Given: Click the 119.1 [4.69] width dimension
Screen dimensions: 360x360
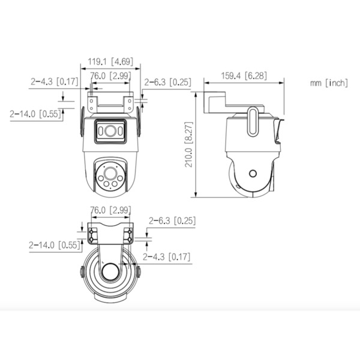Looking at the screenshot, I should pyautogui.click(x=111, y=61).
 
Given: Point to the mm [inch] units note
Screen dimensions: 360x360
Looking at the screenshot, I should pyautogui.click(x=328, y=83).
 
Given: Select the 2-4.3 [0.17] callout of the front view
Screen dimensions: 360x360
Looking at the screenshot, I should pyautogui.click(x=54, y=82).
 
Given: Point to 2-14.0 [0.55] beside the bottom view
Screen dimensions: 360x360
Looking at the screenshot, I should pyautogui.click(x=53, y=244).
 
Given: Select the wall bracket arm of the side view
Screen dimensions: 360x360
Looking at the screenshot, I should pyautogui.click(x=217, y=101).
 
